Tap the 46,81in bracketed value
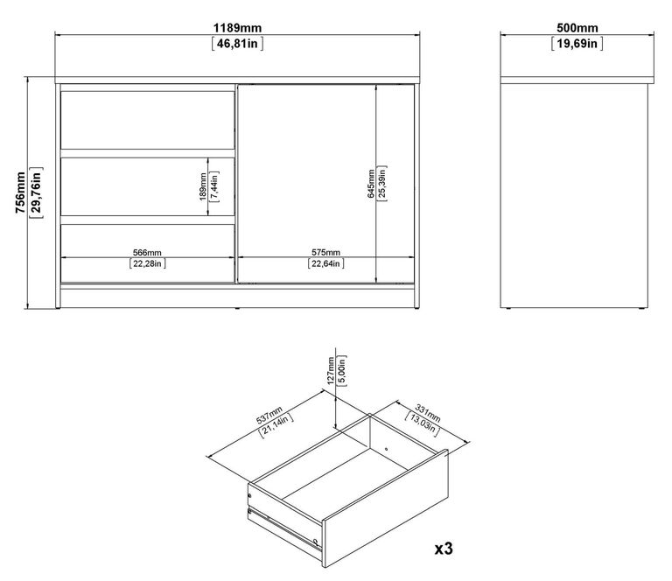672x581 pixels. coord(237,43)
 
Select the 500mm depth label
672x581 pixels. coord(574,27)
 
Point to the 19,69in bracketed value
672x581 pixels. coord(574,43)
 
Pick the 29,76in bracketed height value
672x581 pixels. coord(35,192)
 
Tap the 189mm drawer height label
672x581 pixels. coord(202,185)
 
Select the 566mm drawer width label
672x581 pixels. coord(148,252)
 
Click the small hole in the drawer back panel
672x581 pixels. coord(386,449)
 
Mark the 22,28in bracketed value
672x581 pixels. coord(148,263)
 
